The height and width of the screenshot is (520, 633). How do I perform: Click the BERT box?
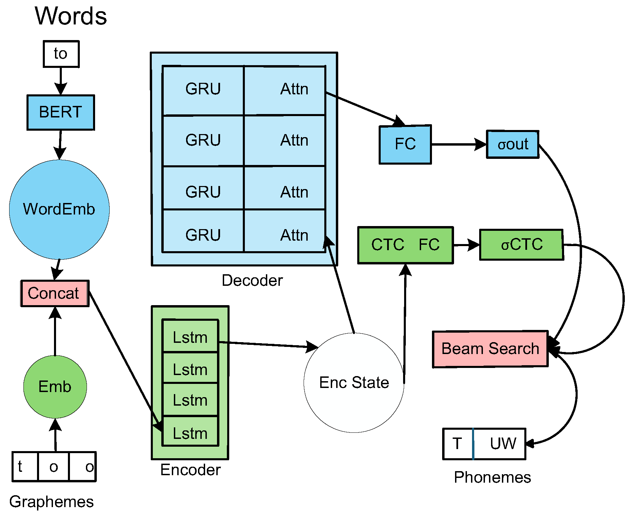point(61,112)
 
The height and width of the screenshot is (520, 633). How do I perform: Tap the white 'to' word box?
point(61,54)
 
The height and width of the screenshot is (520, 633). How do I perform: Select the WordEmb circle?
point(59,209)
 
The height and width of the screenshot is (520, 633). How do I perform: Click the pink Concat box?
point(55,293)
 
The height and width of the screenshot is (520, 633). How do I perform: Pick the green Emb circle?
point(55,387)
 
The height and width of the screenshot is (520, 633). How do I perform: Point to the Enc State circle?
point(354,383)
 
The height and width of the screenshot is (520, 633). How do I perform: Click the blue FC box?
point(405,144)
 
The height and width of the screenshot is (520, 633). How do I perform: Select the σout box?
point(512,144)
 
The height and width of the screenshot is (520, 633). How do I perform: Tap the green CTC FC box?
point(405,245)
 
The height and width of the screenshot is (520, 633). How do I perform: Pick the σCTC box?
point(522,245)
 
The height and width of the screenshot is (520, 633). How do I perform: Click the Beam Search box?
point(490,349)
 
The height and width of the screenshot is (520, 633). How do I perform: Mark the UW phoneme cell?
point(500,444)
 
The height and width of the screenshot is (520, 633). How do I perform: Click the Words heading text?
point(71,16)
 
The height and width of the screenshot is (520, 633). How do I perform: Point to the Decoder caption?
point(252,280)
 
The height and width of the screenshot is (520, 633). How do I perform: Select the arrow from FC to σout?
point(458,145)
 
